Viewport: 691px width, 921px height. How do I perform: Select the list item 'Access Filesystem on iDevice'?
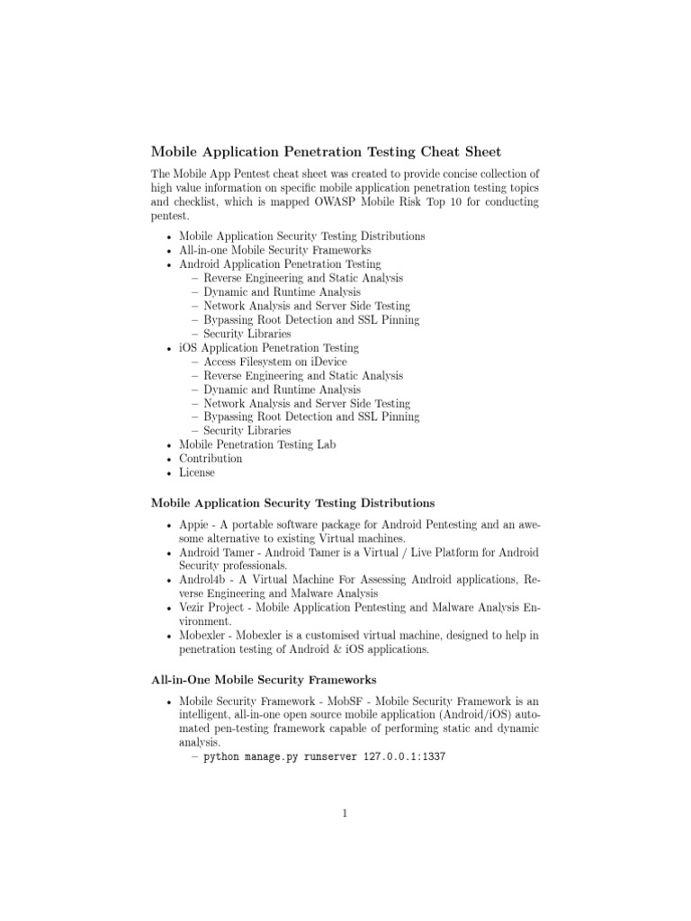(x=274, y=362)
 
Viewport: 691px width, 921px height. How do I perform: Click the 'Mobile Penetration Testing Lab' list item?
(x=257, y=444)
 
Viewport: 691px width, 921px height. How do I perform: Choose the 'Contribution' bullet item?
(x=211, y=459)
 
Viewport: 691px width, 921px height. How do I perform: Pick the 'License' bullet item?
(x=197, y=472)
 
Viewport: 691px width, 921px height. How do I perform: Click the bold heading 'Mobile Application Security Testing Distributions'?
(x=293, y=503)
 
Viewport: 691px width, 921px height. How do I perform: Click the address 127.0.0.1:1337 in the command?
(x=405, y=758)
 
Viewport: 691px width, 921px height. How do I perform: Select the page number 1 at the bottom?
(x=345, y=815)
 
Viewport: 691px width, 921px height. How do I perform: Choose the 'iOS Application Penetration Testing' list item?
(x=269, y=347)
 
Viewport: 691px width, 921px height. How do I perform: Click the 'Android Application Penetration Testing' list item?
(x=280, y=264)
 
